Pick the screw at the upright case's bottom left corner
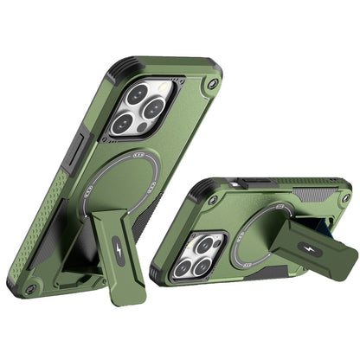pos(32,288)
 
